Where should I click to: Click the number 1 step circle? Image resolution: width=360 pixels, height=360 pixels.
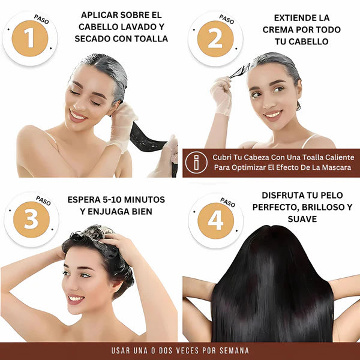tap(30, 38)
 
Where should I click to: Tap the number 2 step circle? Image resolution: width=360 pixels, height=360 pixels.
tap(215, 38)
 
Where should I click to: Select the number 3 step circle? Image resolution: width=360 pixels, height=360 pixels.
tap(30, 219)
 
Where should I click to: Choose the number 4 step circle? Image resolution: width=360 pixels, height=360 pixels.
tap(215, 220)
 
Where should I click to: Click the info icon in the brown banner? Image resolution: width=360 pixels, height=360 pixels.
tap(196, 162)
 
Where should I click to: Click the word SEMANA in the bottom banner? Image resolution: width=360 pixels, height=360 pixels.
tap(232, 350)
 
